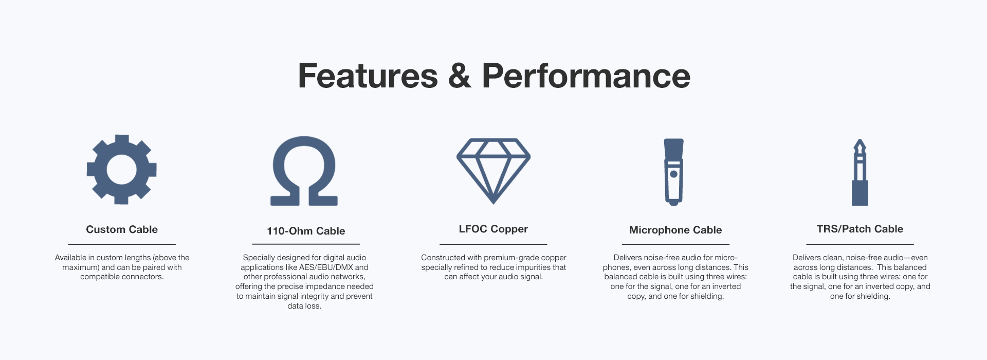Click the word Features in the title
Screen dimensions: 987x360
pos(368,76)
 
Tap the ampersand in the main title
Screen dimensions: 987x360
pos(460,76)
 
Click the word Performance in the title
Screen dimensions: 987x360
pos(586,76)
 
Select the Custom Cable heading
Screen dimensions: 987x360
pos(122,229)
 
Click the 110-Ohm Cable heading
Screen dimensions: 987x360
pos(306,231)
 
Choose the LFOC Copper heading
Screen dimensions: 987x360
pos(493,229)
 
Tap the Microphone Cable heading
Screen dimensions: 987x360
pos(675,230)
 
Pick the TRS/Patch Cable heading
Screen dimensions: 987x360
pos(860,229)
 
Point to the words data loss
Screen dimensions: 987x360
pos(304,306)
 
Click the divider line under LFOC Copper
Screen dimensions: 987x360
pos(493,244)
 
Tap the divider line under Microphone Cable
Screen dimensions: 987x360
pos(675,244)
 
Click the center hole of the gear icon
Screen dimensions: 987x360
pos(122,169)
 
